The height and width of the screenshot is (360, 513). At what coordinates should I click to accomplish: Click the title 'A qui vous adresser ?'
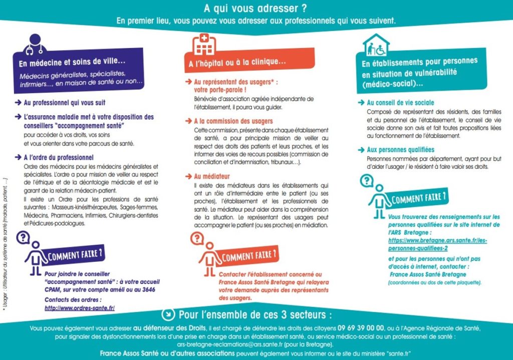[256, 9]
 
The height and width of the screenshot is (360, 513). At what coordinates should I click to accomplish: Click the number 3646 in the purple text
[148, 289]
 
